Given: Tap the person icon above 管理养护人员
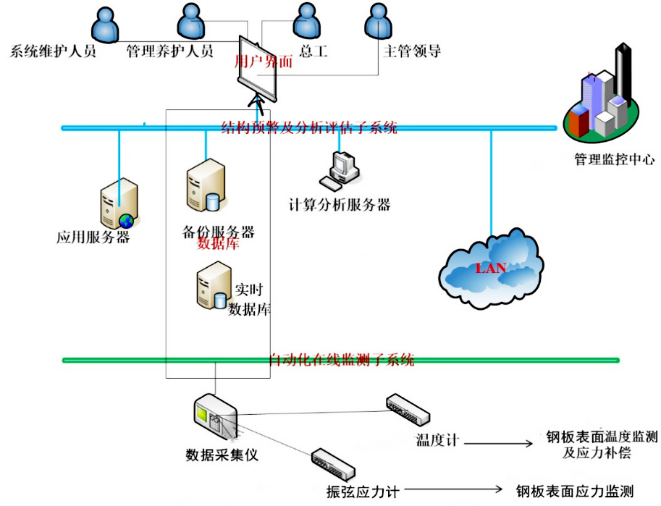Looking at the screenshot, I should coord(190,22).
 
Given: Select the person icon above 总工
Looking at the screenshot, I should coord(303,22).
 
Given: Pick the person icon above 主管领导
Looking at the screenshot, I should coord(376,22).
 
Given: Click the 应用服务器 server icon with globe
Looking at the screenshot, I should coord(118,204).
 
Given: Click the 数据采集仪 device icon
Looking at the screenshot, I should coord(214,418).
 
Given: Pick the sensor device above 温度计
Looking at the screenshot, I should coord(408,409).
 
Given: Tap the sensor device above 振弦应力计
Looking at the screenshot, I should coord(332,464).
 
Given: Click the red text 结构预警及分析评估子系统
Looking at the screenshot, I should coord(310,129).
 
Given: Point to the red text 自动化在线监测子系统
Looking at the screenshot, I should coord(341,360).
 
